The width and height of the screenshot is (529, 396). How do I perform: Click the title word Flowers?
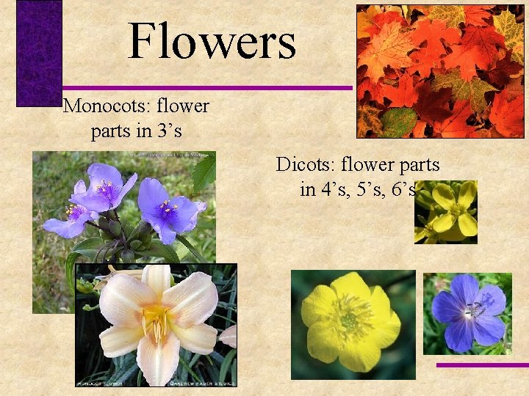click(x=212, y=42)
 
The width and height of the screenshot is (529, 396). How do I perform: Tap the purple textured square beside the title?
click(x=39, y=54)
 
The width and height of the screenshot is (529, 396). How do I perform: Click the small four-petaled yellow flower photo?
click(x=446, y=212)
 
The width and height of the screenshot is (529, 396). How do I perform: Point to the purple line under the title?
click(x=206, y=88)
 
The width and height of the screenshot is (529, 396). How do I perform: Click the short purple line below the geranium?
click(x=481, y=364)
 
